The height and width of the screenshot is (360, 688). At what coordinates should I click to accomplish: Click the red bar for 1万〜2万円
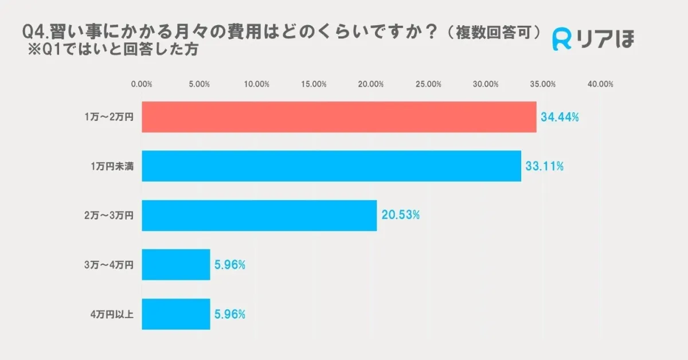click(x=339, y=117)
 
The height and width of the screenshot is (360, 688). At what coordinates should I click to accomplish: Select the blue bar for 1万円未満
click(x=331, y=166)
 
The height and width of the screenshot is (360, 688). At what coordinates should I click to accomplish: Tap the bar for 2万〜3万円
click(x=259, y=216)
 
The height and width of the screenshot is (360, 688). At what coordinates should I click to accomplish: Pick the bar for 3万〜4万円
click(x=176, y=265)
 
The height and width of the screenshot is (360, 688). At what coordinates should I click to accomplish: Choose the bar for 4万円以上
click(x=176, y=314)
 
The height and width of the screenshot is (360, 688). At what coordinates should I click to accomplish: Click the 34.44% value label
click(x=560, y=117)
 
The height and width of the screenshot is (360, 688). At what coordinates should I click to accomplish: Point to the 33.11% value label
click(x=544, y=166)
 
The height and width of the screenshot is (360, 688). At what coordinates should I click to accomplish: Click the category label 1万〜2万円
click(x=108, y=117)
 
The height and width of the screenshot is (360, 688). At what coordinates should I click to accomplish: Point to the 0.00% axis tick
click(x=142, y=84)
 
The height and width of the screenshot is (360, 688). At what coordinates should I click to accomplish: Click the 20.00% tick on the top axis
click(x=371, y=84)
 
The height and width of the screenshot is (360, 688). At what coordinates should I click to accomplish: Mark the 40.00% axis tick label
click(x=600, y=84)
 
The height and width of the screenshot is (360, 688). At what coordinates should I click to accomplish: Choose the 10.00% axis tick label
click(x=256, y=84)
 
